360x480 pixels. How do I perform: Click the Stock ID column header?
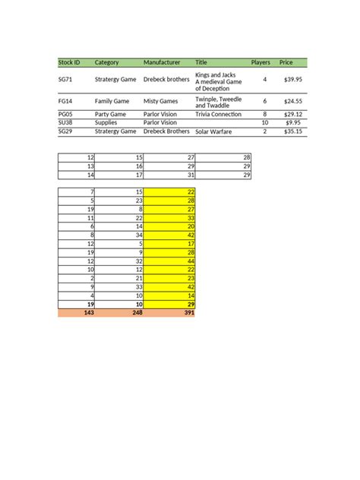point(69,62)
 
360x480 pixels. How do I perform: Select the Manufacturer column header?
point(162,62)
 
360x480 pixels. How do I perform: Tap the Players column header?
point(261,62)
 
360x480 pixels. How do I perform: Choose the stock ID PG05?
point(66,115)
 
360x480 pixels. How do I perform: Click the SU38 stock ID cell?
point(66,122)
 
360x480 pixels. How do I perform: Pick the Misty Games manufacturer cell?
point(161,100)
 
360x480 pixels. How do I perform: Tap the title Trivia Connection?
point(218,115)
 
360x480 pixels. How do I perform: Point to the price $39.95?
point(292,79)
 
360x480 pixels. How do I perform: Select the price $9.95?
point(294,122)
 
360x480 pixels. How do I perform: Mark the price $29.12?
point(292,115)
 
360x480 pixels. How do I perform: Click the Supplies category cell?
point(106,122)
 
